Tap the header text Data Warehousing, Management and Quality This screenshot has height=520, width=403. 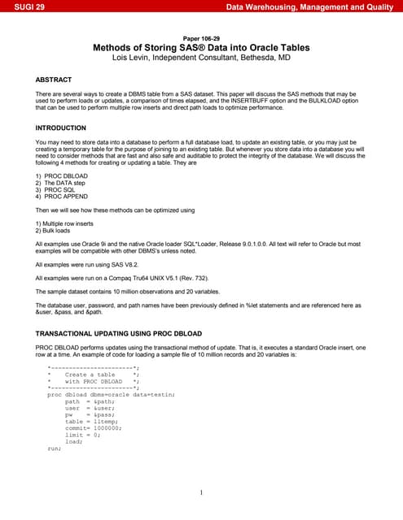point(313,7)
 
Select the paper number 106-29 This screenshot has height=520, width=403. point(201,38)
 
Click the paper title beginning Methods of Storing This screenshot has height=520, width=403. point(201,48)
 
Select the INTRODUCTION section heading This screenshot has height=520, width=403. point(61,128)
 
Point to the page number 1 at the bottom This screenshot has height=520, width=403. point(201,492)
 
